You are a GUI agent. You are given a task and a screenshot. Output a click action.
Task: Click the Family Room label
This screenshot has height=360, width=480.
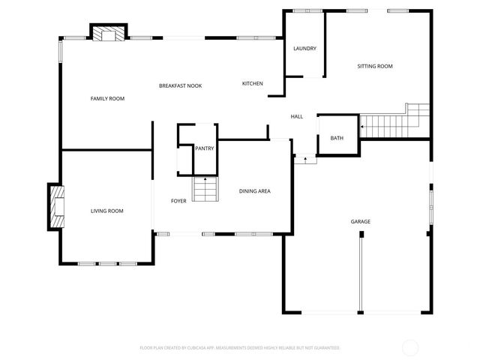(x=107, y=99)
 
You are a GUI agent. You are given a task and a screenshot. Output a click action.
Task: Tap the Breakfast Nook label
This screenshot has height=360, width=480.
(x=180, y=86)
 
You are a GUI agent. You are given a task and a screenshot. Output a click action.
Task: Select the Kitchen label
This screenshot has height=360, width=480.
(x=252, y=83)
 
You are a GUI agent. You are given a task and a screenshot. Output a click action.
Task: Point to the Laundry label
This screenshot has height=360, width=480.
(x=304, y=49)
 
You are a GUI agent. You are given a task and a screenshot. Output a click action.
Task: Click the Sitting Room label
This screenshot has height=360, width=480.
(x=374, y=67)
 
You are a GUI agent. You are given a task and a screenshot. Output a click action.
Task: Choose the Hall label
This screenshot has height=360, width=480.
(x=297, y=116)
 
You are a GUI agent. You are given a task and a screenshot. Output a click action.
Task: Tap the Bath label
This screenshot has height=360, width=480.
(x=337, y=138)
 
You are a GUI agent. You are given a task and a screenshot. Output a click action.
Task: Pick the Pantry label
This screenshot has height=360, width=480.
(x=205, y=148)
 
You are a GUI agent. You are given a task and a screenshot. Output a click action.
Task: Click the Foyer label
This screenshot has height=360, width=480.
(x=178, y=201)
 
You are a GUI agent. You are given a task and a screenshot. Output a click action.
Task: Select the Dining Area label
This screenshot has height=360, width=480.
(x=255, y=191)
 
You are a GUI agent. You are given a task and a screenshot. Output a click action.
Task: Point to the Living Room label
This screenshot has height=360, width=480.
(x=107, y=211)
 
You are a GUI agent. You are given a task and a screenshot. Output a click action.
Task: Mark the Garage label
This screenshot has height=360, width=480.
(x=361, y=221)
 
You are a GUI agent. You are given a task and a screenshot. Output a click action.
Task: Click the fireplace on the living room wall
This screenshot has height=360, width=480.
(x=56, y=206)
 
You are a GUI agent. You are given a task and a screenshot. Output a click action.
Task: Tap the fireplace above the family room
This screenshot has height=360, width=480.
(x=109, y=34)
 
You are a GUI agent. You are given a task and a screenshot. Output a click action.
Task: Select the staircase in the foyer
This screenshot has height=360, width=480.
(x=205, y=190)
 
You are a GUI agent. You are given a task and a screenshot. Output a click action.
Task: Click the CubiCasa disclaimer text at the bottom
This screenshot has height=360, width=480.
(x=240, y=348)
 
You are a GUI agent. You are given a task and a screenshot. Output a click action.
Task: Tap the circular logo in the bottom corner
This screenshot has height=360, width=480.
(x=410, y=347)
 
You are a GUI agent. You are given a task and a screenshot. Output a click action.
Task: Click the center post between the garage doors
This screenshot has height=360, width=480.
(x=361, y=274)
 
